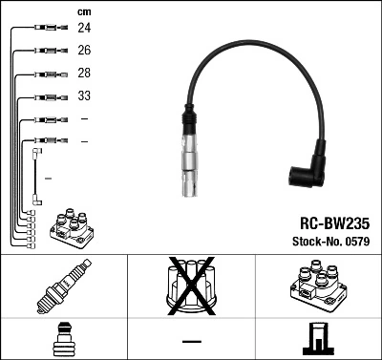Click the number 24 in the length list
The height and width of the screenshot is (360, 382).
point(84,29)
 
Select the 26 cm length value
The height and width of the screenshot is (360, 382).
point(84,51)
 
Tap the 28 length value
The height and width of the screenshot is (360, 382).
point(84,74)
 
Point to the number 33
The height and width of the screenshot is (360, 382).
point(84,96)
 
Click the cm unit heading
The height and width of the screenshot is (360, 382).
point(83,11)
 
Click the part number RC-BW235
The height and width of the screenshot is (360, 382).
point(329,221)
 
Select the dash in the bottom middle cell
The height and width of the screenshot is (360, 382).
point(191,340)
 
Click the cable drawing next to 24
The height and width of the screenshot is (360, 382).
point(43,29)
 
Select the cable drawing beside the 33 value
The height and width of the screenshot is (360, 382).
point(43,96)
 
